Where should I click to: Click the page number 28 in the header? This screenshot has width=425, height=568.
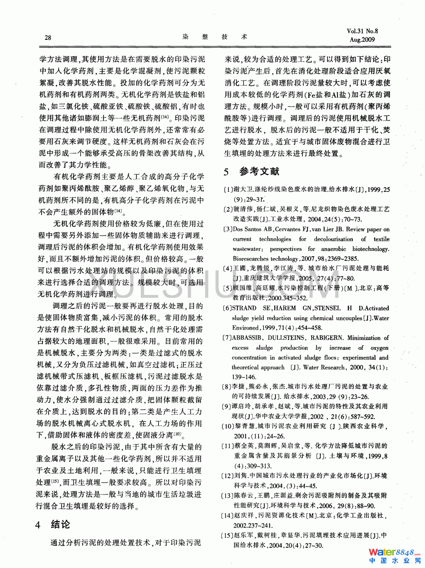[48, 38]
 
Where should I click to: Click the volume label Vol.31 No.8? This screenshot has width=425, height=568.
[362, 31]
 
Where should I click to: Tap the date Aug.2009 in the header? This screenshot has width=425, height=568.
[362, 39]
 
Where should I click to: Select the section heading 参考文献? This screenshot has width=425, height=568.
[259, 171]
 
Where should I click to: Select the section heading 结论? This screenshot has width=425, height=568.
[60, 525]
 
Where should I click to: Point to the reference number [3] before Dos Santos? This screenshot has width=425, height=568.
[228, 229]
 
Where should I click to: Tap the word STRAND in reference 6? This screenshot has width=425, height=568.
[244, 308]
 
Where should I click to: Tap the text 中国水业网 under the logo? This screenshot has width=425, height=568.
[395, 561]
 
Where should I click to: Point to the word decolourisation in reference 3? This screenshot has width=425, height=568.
[333, 239]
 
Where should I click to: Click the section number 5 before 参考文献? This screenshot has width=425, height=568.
[226, 172]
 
